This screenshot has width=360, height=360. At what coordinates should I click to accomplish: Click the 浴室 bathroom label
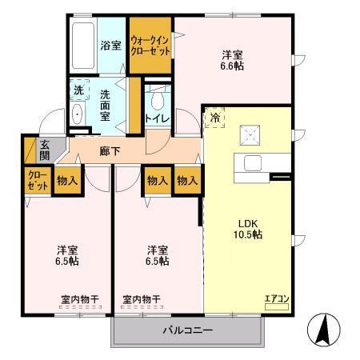point(111,46)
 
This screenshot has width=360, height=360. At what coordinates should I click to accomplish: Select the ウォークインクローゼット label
point(151,46)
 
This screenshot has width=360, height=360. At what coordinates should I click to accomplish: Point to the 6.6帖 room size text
point(233,66)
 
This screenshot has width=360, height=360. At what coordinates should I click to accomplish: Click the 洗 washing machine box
point(78,91)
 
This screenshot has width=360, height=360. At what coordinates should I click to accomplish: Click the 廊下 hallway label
point(110,150)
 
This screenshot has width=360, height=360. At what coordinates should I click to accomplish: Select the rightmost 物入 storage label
point(186,181)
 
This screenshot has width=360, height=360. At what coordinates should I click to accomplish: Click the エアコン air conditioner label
point(277,299)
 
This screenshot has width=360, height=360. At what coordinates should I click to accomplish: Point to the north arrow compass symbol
point(324,329)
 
